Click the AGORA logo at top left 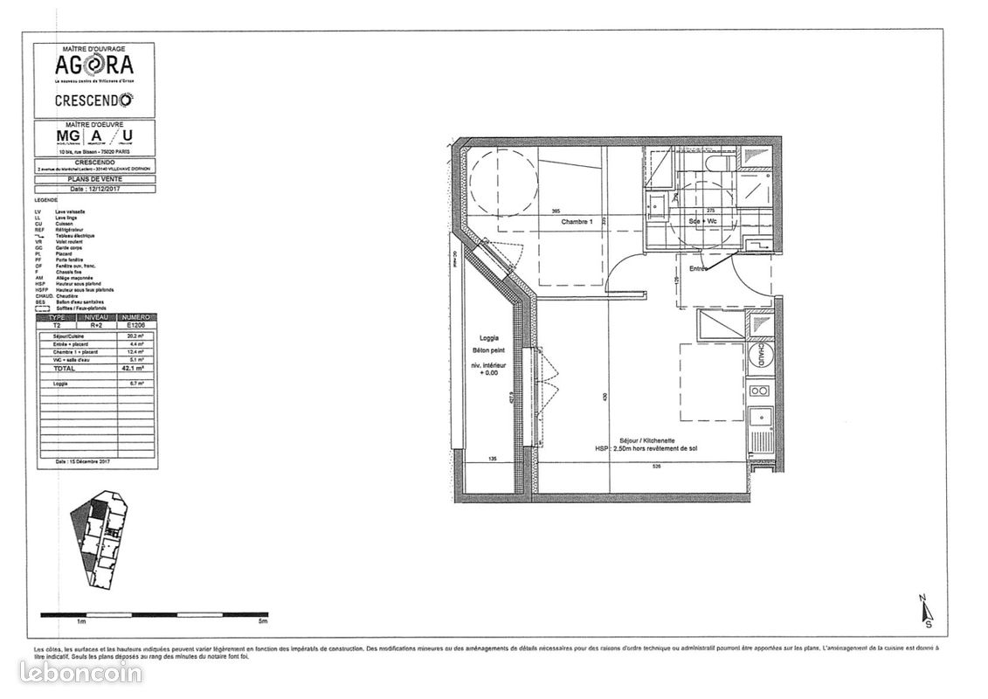pyautogui.click(x=94, y=66)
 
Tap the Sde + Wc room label pyautogui.click(x=704, y=222)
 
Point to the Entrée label pyautogui.click(x=699, y=269)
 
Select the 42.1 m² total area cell pyautogui.click(x=110, y=368)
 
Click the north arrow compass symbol pyautogui.click(x=926, y=612)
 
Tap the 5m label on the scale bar pyautogui.click(x=263, y=621)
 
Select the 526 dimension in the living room pyautogui.click(x=656, y=467)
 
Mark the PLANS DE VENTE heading pyautogui.click(x=94, y=179)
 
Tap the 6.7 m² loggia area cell pyautogui.click(x=110, y=383)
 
